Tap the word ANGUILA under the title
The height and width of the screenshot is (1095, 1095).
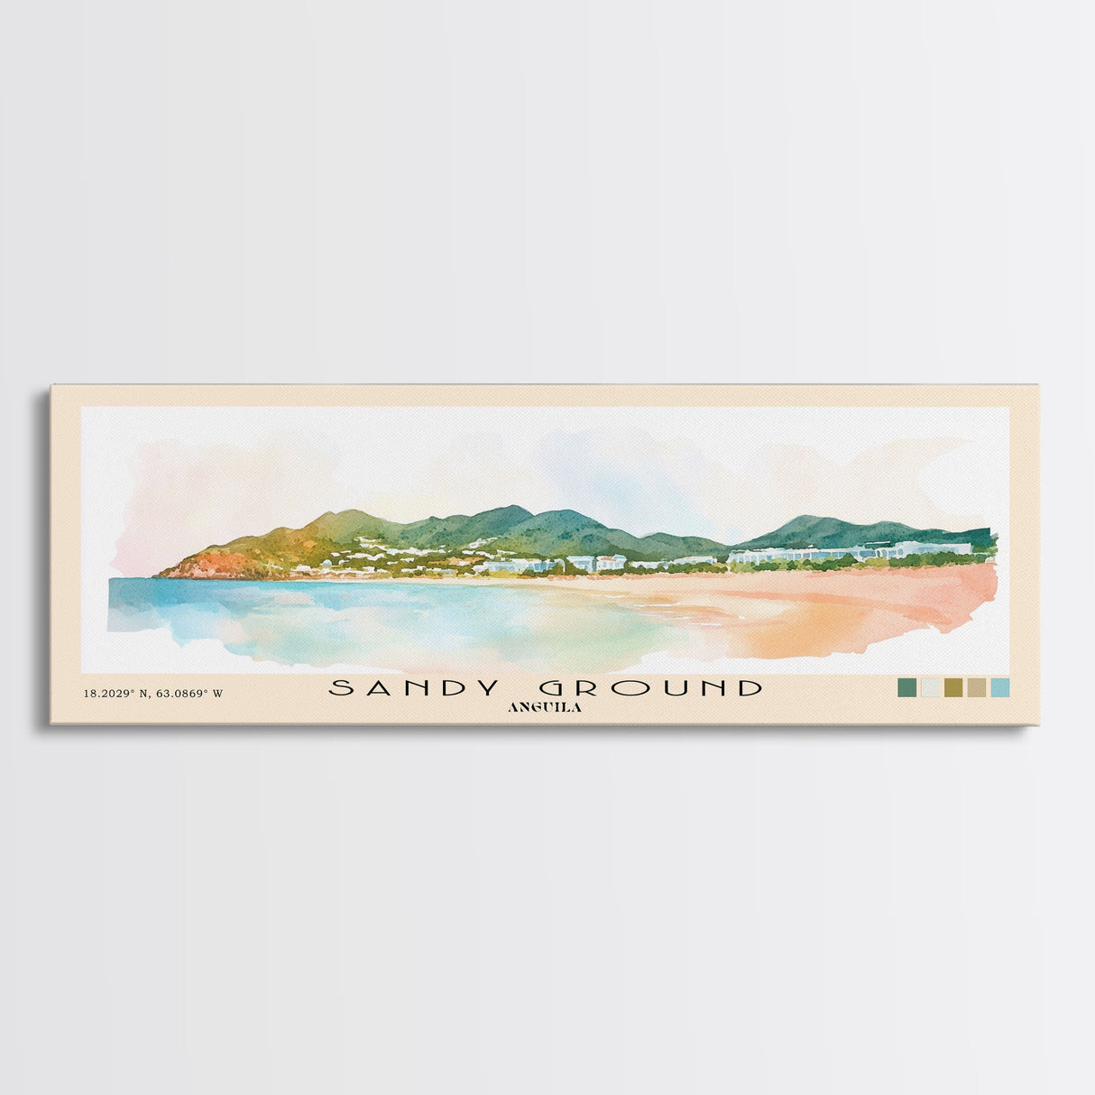tap(545, 708)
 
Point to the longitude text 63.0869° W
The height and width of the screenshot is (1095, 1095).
tap(188, 694)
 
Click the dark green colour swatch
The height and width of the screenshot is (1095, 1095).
tap(905, 688)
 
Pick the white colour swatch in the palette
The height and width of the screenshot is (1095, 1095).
tap(928, 688)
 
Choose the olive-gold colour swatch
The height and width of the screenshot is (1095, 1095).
tap(952, 688)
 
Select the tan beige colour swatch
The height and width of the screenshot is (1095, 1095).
tap(976, 688)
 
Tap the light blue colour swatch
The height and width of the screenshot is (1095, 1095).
tap(999, 688)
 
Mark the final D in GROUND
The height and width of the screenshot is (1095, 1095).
tap(748, 688)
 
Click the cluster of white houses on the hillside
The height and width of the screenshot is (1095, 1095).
tap(379, 547)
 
